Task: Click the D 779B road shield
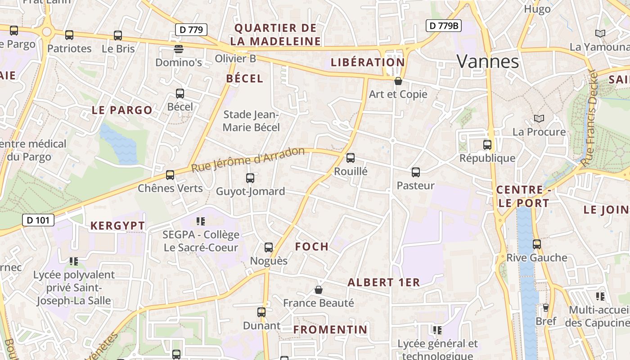443,26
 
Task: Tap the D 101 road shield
38,220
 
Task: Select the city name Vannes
488,62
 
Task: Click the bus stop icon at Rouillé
351,158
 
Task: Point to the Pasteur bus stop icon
416,172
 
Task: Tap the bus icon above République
487,144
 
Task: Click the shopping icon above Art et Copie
398,81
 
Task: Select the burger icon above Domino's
179,49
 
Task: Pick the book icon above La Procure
539,118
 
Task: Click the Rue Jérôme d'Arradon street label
248,159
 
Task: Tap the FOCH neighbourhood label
312,247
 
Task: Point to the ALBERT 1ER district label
384,283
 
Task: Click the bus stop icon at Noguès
269,247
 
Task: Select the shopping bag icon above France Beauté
319,290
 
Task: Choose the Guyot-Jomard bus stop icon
250,178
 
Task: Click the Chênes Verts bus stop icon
170,175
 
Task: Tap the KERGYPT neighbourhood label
118,226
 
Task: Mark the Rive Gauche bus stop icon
537,244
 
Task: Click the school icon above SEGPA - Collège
201,221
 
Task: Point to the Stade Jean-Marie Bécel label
252,121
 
